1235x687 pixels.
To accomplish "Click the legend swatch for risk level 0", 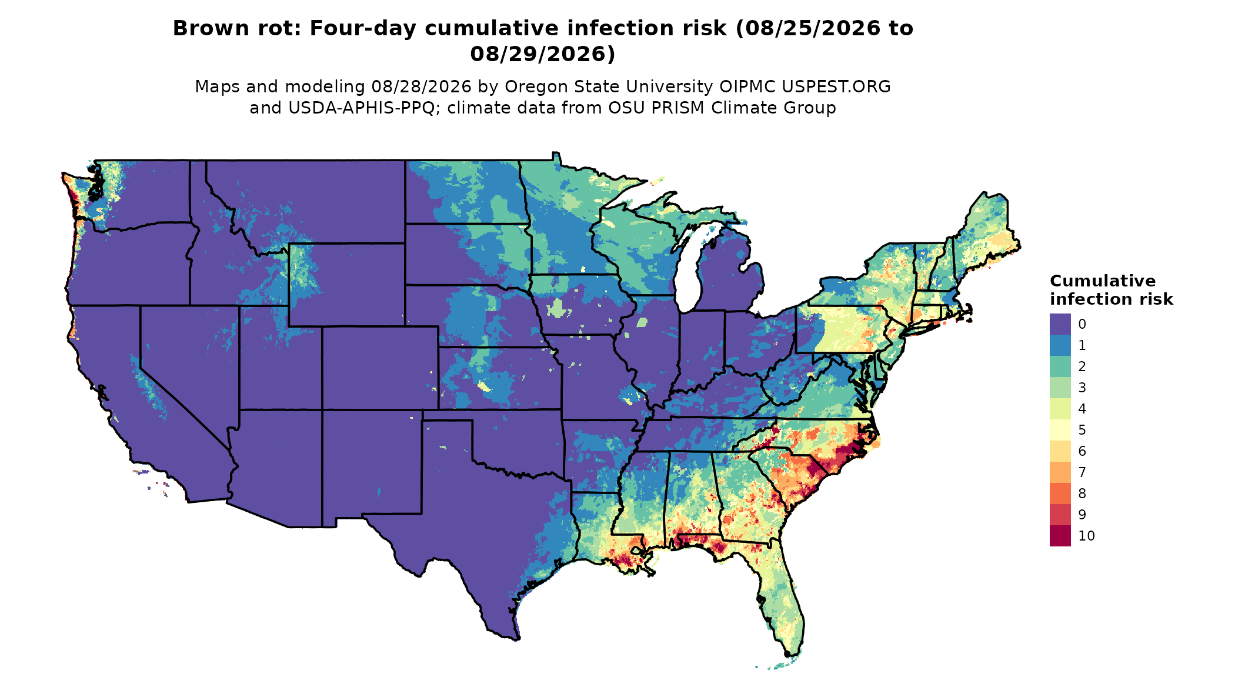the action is (x=1060, y=324).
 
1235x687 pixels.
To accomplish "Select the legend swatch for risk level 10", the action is (x=1060, y=536).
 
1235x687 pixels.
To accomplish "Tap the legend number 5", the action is (x=1082, y=430).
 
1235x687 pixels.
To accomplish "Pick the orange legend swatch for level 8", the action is (x=1060, y=493).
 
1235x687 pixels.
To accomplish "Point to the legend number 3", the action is (x=1082, y=388).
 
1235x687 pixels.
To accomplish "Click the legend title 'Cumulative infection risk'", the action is (x=1111, y=290).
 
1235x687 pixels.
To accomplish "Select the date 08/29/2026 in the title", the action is (x=542, y=54).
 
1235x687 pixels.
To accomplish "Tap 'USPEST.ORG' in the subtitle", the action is (x=836, y=86).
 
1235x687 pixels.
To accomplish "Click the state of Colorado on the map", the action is (x=380, y=368).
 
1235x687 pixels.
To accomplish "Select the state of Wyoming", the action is (x=346, y=285).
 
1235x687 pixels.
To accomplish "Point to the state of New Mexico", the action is (x=372, y=465).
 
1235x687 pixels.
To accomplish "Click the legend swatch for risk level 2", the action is (x=1060, y=366).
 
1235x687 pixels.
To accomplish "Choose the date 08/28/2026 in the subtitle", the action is (x=421, y=86).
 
